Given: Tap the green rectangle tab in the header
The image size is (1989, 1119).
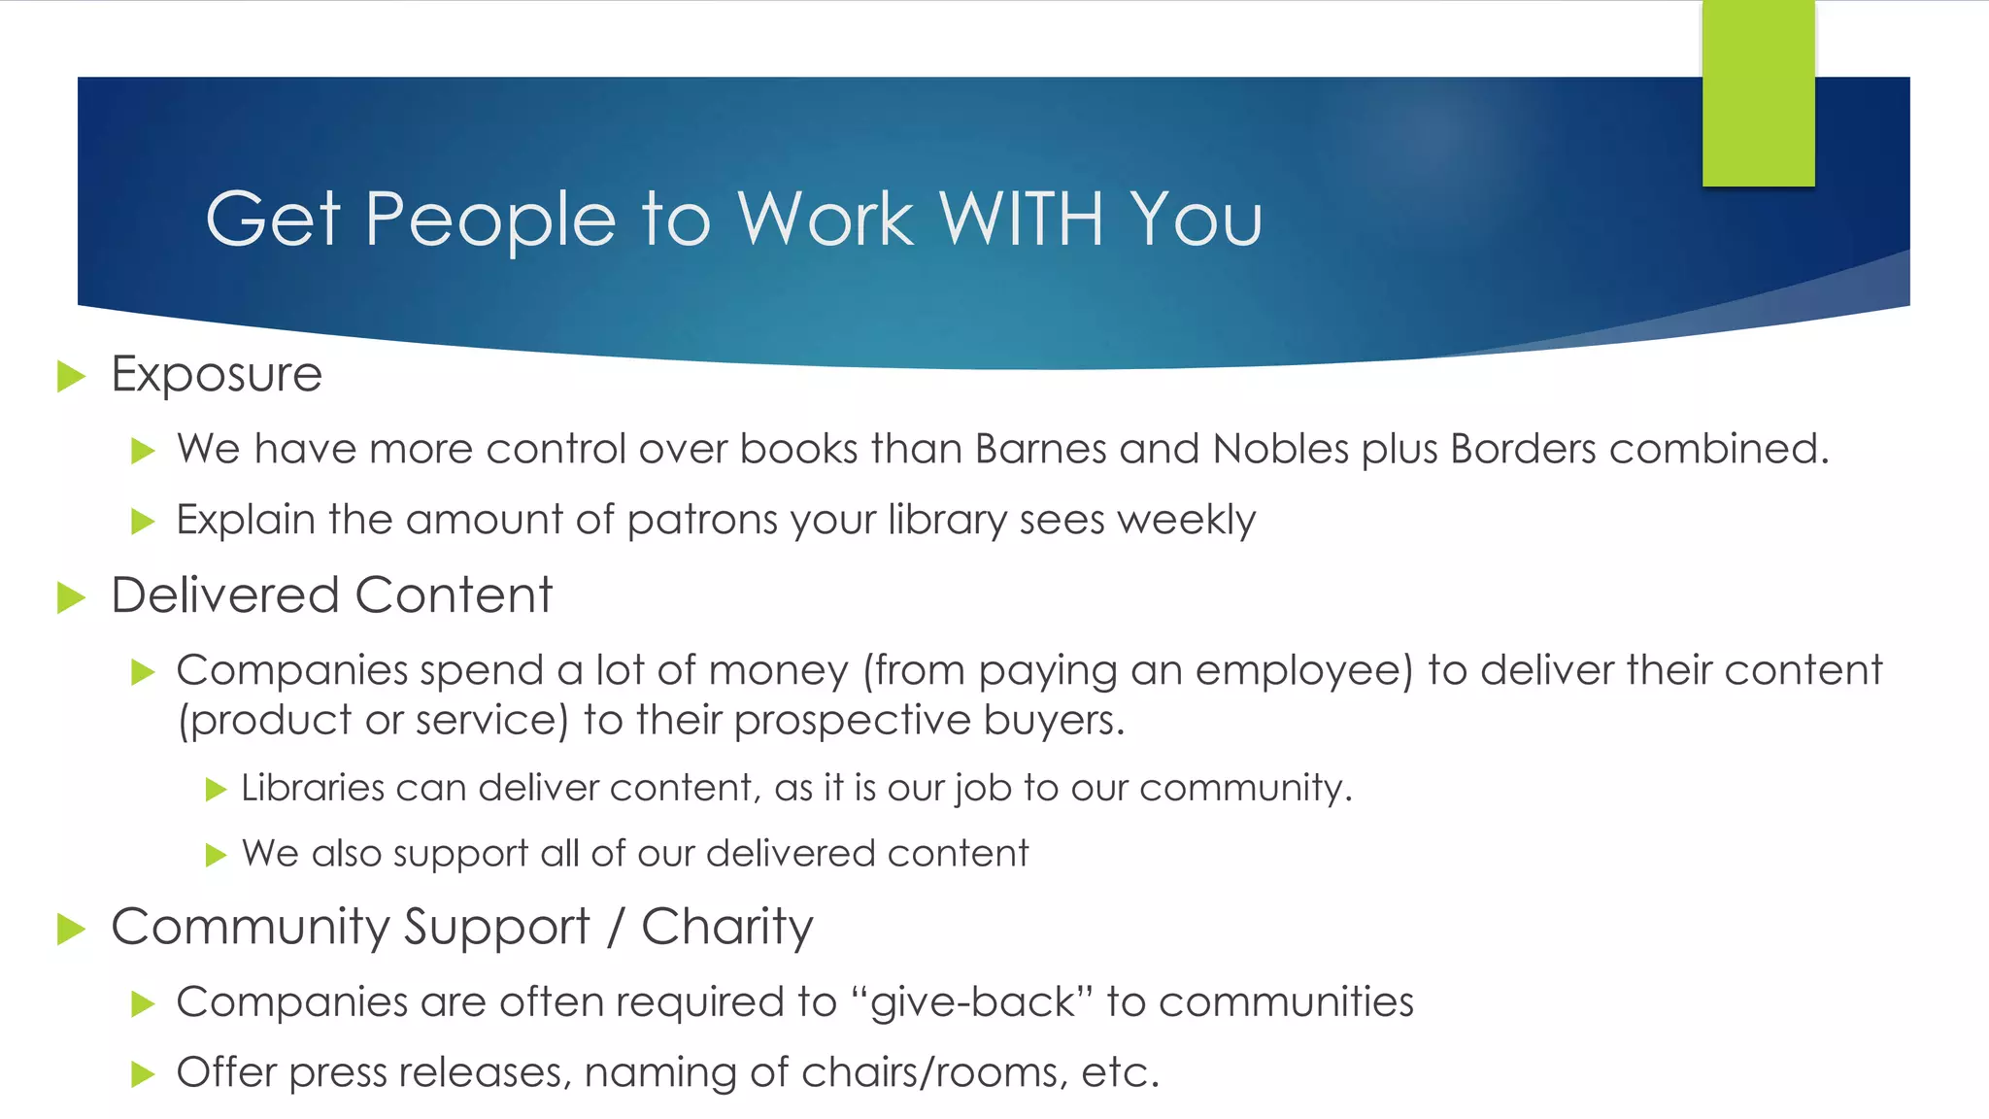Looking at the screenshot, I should (1758, 94).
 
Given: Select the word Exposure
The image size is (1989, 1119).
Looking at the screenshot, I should (217, 375).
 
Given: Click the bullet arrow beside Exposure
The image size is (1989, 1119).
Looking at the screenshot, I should (72, 376).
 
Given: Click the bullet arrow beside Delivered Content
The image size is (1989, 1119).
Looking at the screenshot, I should (72, 597).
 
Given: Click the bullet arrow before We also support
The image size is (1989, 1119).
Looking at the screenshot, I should (216, 855).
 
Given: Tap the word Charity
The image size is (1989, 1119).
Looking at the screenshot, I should (726, 928).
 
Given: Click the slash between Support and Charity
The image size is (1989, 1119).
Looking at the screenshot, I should (615, 928).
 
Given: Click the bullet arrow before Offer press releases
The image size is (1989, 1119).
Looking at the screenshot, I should (143, 1074).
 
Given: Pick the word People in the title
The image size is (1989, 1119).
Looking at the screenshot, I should (490, 219).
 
